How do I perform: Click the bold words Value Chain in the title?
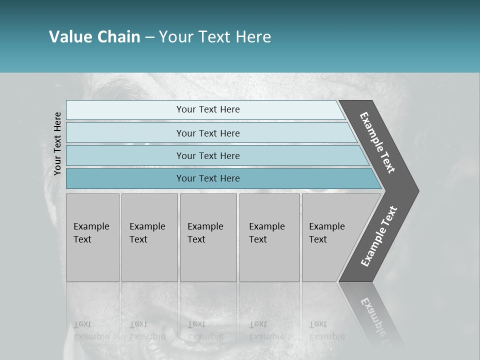tap(94, 37)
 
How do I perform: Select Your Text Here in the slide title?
tap(215, 37)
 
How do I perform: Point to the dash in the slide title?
tap(149, 37)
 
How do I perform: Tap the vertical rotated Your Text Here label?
tap(57, 143)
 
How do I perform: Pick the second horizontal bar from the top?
tap(208, 133)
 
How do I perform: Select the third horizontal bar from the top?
tap(208, 156)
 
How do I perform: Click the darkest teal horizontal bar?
tap(208, 178)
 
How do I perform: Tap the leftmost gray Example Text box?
tap(92, 237)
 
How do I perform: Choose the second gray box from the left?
tap(149, 237)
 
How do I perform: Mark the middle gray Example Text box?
tap(208, 237)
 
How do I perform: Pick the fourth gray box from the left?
tap(269, 237)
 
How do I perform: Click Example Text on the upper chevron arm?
tap(377, 142)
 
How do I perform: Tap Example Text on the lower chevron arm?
tap(379, 236)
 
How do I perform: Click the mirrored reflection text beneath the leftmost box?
tap(91, 330)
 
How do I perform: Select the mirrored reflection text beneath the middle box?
tap(205, 330)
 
